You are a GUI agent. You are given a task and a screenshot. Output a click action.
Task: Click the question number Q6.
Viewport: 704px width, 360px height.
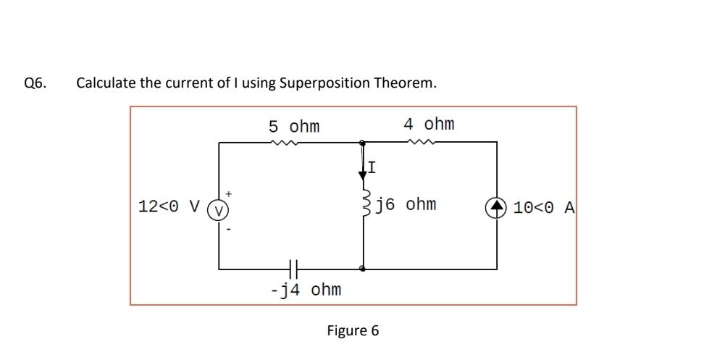(x=35, y=83)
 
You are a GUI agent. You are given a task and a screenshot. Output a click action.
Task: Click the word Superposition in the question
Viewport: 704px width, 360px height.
(x=324, y=83)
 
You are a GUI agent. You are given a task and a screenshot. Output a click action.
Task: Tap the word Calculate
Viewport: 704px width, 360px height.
(x=106, y=83)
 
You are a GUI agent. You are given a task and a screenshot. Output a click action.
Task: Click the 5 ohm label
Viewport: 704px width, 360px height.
(x=294, y=127)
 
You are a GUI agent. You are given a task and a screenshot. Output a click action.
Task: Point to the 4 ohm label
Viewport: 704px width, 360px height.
(x=429, y=124)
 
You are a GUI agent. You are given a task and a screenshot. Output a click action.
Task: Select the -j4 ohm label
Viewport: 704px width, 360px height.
(x=305, y=290)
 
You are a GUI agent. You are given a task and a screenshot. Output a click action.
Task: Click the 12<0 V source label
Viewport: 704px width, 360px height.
(x=169, y=207)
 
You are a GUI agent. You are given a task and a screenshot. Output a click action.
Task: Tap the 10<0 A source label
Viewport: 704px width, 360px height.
(x=544, y=208)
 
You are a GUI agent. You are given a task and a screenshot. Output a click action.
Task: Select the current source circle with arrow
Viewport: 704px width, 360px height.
(x=497, y=207)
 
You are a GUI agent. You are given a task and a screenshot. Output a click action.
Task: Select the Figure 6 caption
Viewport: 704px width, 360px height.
(x=352, y=331)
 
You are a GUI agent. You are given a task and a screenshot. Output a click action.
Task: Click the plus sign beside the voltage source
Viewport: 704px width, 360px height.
(x=230, y=193)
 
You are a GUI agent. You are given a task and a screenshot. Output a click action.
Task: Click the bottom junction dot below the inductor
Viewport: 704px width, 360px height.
(x=363, y=268)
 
